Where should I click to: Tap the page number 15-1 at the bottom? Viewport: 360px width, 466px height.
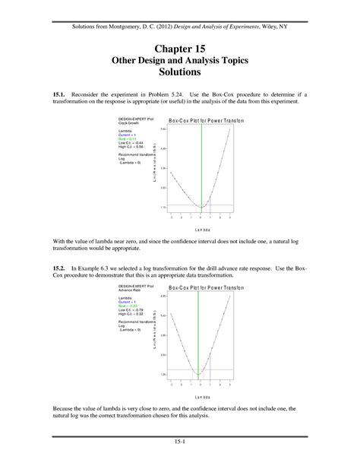180,442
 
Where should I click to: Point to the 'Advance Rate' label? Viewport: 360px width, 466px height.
127,290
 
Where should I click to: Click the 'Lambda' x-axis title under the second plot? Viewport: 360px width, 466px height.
201,396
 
